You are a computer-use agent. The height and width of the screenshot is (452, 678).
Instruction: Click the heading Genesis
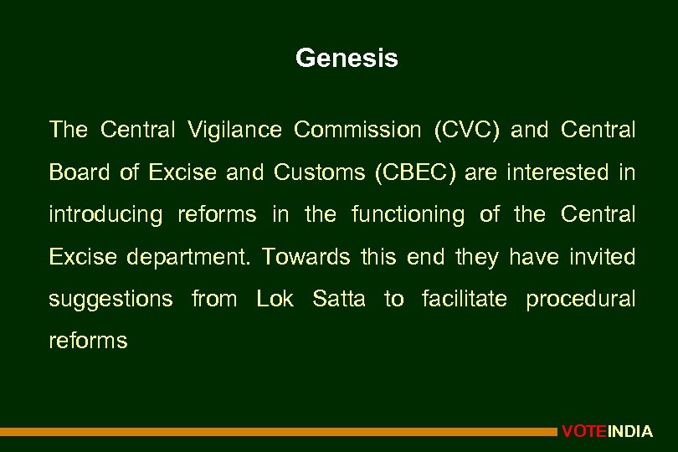point(347,59)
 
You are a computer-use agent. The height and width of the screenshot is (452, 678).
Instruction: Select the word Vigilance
point(234,131)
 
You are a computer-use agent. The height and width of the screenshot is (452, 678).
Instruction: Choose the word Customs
point(319,172)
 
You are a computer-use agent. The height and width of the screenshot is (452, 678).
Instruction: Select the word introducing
point(105,215)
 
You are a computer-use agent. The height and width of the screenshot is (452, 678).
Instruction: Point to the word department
point(189,257)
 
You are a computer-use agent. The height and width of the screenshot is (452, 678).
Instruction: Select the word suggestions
point(111,299)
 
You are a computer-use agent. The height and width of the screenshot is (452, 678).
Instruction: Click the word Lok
point(275,298)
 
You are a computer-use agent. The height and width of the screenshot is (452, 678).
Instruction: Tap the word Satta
point(339,298)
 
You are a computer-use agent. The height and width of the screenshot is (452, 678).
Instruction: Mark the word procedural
point(581,298)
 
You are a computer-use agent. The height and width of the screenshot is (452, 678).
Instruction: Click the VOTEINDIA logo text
point(608,432)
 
